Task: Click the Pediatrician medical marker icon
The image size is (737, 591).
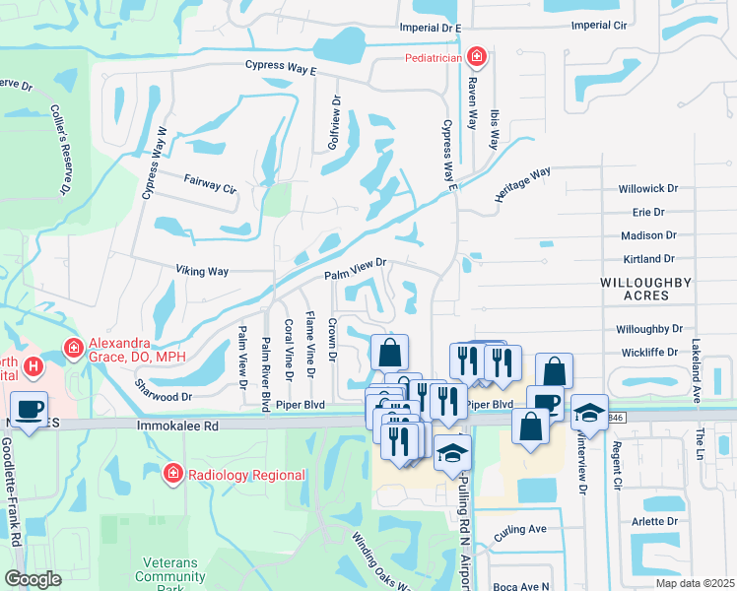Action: click(x=477, y=57)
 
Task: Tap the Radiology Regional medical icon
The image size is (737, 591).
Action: click(x=173, y=475)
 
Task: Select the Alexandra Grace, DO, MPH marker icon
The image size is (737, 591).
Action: click(x=73, y=347)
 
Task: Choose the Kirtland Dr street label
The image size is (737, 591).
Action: click(x=648, y=259)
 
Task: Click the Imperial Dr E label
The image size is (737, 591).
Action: click(x=431, y=29)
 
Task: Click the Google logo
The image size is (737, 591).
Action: click(x=33, y=579)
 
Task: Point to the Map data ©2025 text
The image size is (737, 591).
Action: click(x=694, y=583)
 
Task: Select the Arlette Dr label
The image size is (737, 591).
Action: click(x=655, y=521)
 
